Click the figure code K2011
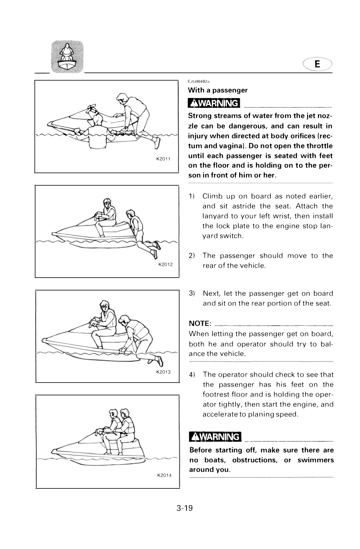(x=163, y=159)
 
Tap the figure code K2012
(x=166, y=265)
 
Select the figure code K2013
(x=163, y=372)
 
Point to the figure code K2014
(x=164, y=475)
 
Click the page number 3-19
(x=185, y=508)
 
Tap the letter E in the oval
(x=317, y=64)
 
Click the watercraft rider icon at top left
(x=67, y=57)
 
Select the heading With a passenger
(x=218, y=90)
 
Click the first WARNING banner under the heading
(x=214, y=103)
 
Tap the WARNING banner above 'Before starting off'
(x=215, y=437)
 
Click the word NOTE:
(x=200, y=324)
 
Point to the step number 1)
(x=191, y=196)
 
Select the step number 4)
(x=192, y=375)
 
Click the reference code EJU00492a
(x=199, y=81)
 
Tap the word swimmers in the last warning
(x=316, y=460)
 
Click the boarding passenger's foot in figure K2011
(x=157, y=143)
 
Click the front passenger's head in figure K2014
(x=113, y=414)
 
